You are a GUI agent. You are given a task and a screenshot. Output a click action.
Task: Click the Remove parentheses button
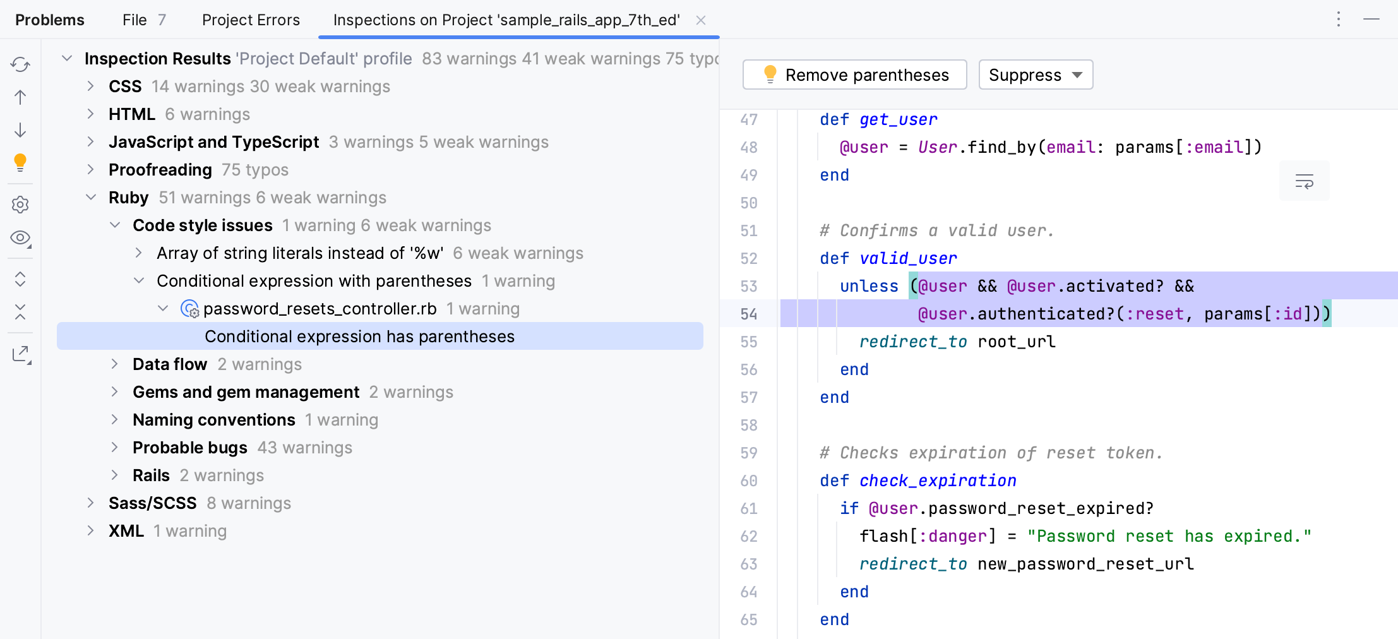(854, 75)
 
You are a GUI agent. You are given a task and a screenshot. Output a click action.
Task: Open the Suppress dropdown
(1036, 75)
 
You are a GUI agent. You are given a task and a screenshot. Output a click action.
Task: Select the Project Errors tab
(251, 20)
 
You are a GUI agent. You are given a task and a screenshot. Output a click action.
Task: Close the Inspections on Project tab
(701, 20)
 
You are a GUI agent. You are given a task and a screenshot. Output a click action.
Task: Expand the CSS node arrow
(91, 87)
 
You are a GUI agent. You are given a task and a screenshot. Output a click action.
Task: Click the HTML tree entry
(131, 114)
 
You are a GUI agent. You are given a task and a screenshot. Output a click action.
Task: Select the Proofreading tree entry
(160, 170)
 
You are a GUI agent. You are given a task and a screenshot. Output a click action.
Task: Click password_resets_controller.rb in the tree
(320, 309)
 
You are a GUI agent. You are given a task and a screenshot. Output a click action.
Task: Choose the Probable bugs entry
(189, 448)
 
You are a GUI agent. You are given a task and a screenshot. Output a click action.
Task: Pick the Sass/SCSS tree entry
(152, 503)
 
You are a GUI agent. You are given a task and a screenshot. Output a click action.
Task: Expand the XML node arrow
(91, 531)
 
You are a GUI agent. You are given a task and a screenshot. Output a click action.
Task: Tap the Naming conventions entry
(213, 420)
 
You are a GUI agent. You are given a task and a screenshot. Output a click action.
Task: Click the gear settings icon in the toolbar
(20, 205)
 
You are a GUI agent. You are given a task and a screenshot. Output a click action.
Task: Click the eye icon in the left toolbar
(20, 238)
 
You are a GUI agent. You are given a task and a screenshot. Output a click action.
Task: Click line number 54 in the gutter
(749, 314)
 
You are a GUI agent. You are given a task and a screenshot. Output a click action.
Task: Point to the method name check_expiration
(938, 481)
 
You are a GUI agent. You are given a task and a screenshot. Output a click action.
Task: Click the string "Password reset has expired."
(1169, 536)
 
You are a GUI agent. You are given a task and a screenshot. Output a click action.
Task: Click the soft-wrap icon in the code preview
(1304, 182)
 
